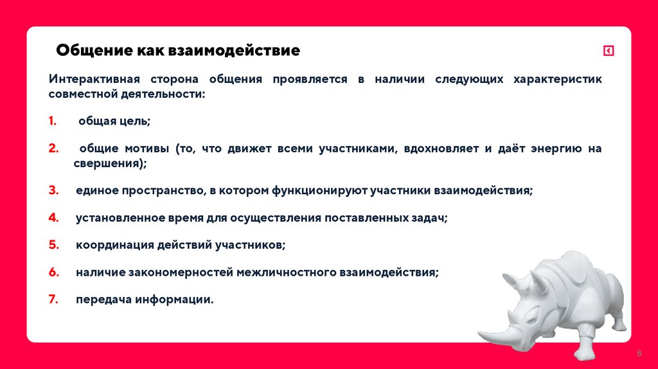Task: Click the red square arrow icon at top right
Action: tap(609, 51)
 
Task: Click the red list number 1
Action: tap(52, 121)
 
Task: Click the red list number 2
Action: tap(53, 148)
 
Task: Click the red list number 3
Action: tap(53, 191)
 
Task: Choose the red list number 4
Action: tap(53, 218)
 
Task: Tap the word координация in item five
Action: tap(109, 245)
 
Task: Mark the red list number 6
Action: tap(53, 272)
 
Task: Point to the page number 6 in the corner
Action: tap(639, 354)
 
